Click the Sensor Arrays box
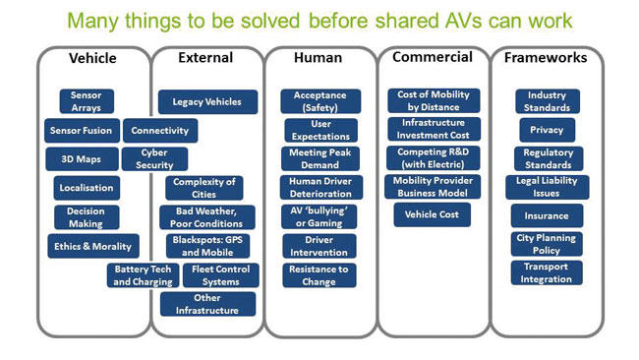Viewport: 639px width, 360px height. click(87, 101)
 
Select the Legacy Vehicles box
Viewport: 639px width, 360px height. click(207, 102)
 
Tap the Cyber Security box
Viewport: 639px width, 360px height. click(155, 158)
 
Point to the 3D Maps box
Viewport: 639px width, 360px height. click(82, 159)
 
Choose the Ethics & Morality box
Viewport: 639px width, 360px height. click(93, 246)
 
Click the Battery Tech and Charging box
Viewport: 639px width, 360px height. click(144, 275)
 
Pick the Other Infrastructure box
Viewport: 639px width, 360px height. click(207, 304)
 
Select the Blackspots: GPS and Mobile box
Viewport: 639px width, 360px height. click(207, 246)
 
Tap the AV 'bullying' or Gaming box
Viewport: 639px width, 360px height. click(319, 217)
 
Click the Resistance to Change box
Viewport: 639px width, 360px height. click(319, 275)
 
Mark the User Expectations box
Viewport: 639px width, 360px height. click(321, 130)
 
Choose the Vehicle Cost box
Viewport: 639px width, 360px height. click(432, 214)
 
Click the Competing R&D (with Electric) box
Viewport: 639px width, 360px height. click(434, 158)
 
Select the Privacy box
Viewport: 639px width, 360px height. click(548, 130)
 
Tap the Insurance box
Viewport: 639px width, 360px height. click(547, 215)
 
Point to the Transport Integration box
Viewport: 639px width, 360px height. click(547, 272)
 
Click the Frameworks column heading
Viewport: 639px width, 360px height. click(546, 58)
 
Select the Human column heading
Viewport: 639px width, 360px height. click(318, 58)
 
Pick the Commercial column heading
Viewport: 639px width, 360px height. click(433, 57)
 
